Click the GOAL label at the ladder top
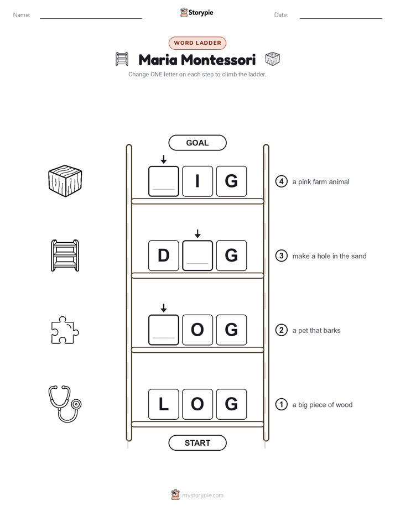[x=197, y=143]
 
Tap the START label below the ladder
[x=197, y=443]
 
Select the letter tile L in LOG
[x=164, y=404]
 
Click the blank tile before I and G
[x=164, y=181]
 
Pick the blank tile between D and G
[x=197, y=255]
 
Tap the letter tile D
[x=164, y=255]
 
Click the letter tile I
[x=197, y=181]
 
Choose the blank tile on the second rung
[x=164, y=330]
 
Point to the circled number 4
[x=281, y=181]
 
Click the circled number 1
[x=281, y=404]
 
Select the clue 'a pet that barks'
[x=316, y=331]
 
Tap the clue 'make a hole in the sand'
[x=329, y=256]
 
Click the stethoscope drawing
[x=65, y=404]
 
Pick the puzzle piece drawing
[x=65, y=330]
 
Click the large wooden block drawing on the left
[x=65, y=181]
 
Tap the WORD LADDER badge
[x=197, y=43]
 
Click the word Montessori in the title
[x=218, y=60]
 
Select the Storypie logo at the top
[x=196, y=12]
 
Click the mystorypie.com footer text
[x=202, y=496]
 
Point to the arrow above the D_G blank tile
[x=197, y=233]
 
